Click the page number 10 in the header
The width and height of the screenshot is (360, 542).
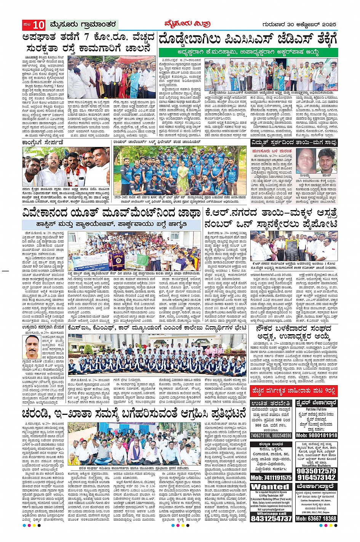coord(38,25)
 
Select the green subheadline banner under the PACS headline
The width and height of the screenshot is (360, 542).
coord(248,52)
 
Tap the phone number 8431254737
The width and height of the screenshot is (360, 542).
coord(271,518)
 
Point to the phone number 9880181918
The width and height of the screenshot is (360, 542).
coord(316,435)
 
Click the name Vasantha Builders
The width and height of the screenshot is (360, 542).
coord(316,465)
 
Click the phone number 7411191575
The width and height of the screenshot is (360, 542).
coord(271,478)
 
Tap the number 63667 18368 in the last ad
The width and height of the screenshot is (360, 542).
coord(316,518)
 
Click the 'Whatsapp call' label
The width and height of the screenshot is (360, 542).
coord(271,513)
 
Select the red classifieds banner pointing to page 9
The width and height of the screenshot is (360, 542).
coord(294,390)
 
